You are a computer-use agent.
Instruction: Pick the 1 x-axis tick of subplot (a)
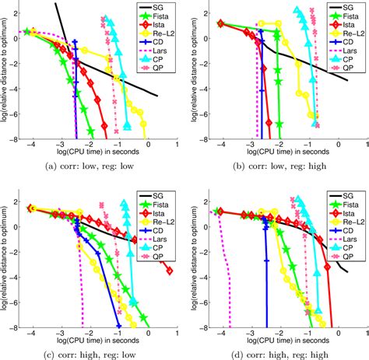coord(176,145)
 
